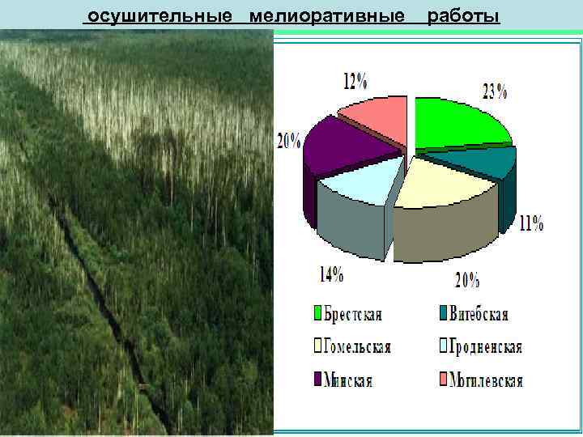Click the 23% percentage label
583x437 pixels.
[495, 91]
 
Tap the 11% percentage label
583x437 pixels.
[531, 223]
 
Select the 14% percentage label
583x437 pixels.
[330, 274]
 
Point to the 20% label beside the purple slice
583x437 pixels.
[288, 139]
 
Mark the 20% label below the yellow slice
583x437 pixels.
[466, 280]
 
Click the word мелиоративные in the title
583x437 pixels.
[326, 17]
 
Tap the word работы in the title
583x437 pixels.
[462, 17]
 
